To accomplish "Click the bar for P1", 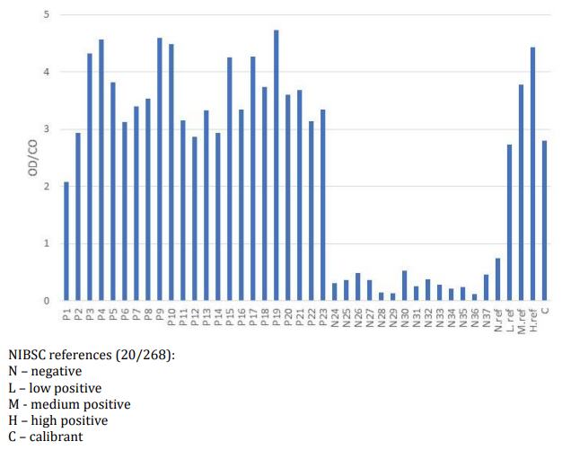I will [x=66, y=242].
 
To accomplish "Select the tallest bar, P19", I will [x=277, y=166].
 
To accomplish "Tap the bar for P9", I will [x=160, y=170].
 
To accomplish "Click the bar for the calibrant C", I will [x=545, y=221].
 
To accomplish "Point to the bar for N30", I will [x=405, y=286].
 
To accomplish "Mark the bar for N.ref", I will [x=498, y=279].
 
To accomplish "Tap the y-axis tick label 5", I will [x=47, y=15].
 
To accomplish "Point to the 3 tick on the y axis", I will [x=47, y=129].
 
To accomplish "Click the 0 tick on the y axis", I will [x=47, y=301].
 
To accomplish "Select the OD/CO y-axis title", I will [x=20, y=158].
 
